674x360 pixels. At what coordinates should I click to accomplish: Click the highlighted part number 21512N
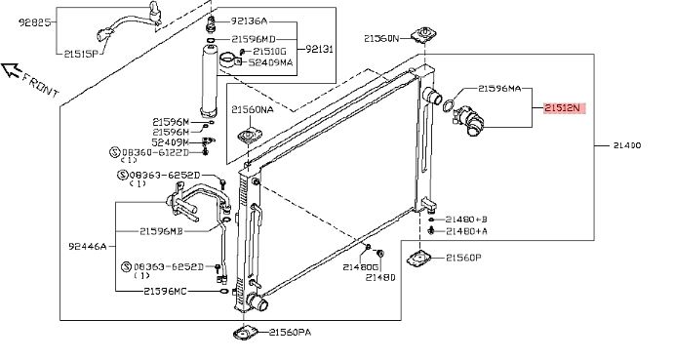coord(565,108)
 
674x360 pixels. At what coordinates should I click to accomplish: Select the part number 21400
coord(627,145)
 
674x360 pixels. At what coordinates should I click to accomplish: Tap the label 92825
coord(35,21)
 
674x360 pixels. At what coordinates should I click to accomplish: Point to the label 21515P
coord(82,54)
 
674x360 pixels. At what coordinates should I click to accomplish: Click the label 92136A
coord(250,20)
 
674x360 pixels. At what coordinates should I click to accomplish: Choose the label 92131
coord(319,49)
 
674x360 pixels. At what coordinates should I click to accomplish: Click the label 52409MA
coord(270,62)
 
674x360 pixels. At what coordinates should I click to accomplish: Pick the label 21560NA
coord(253,109)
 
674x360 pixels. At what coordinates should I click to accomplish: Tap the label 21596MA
coord(499,89)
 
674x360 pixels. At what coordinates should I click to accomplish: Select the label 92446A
coord(87,247)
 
